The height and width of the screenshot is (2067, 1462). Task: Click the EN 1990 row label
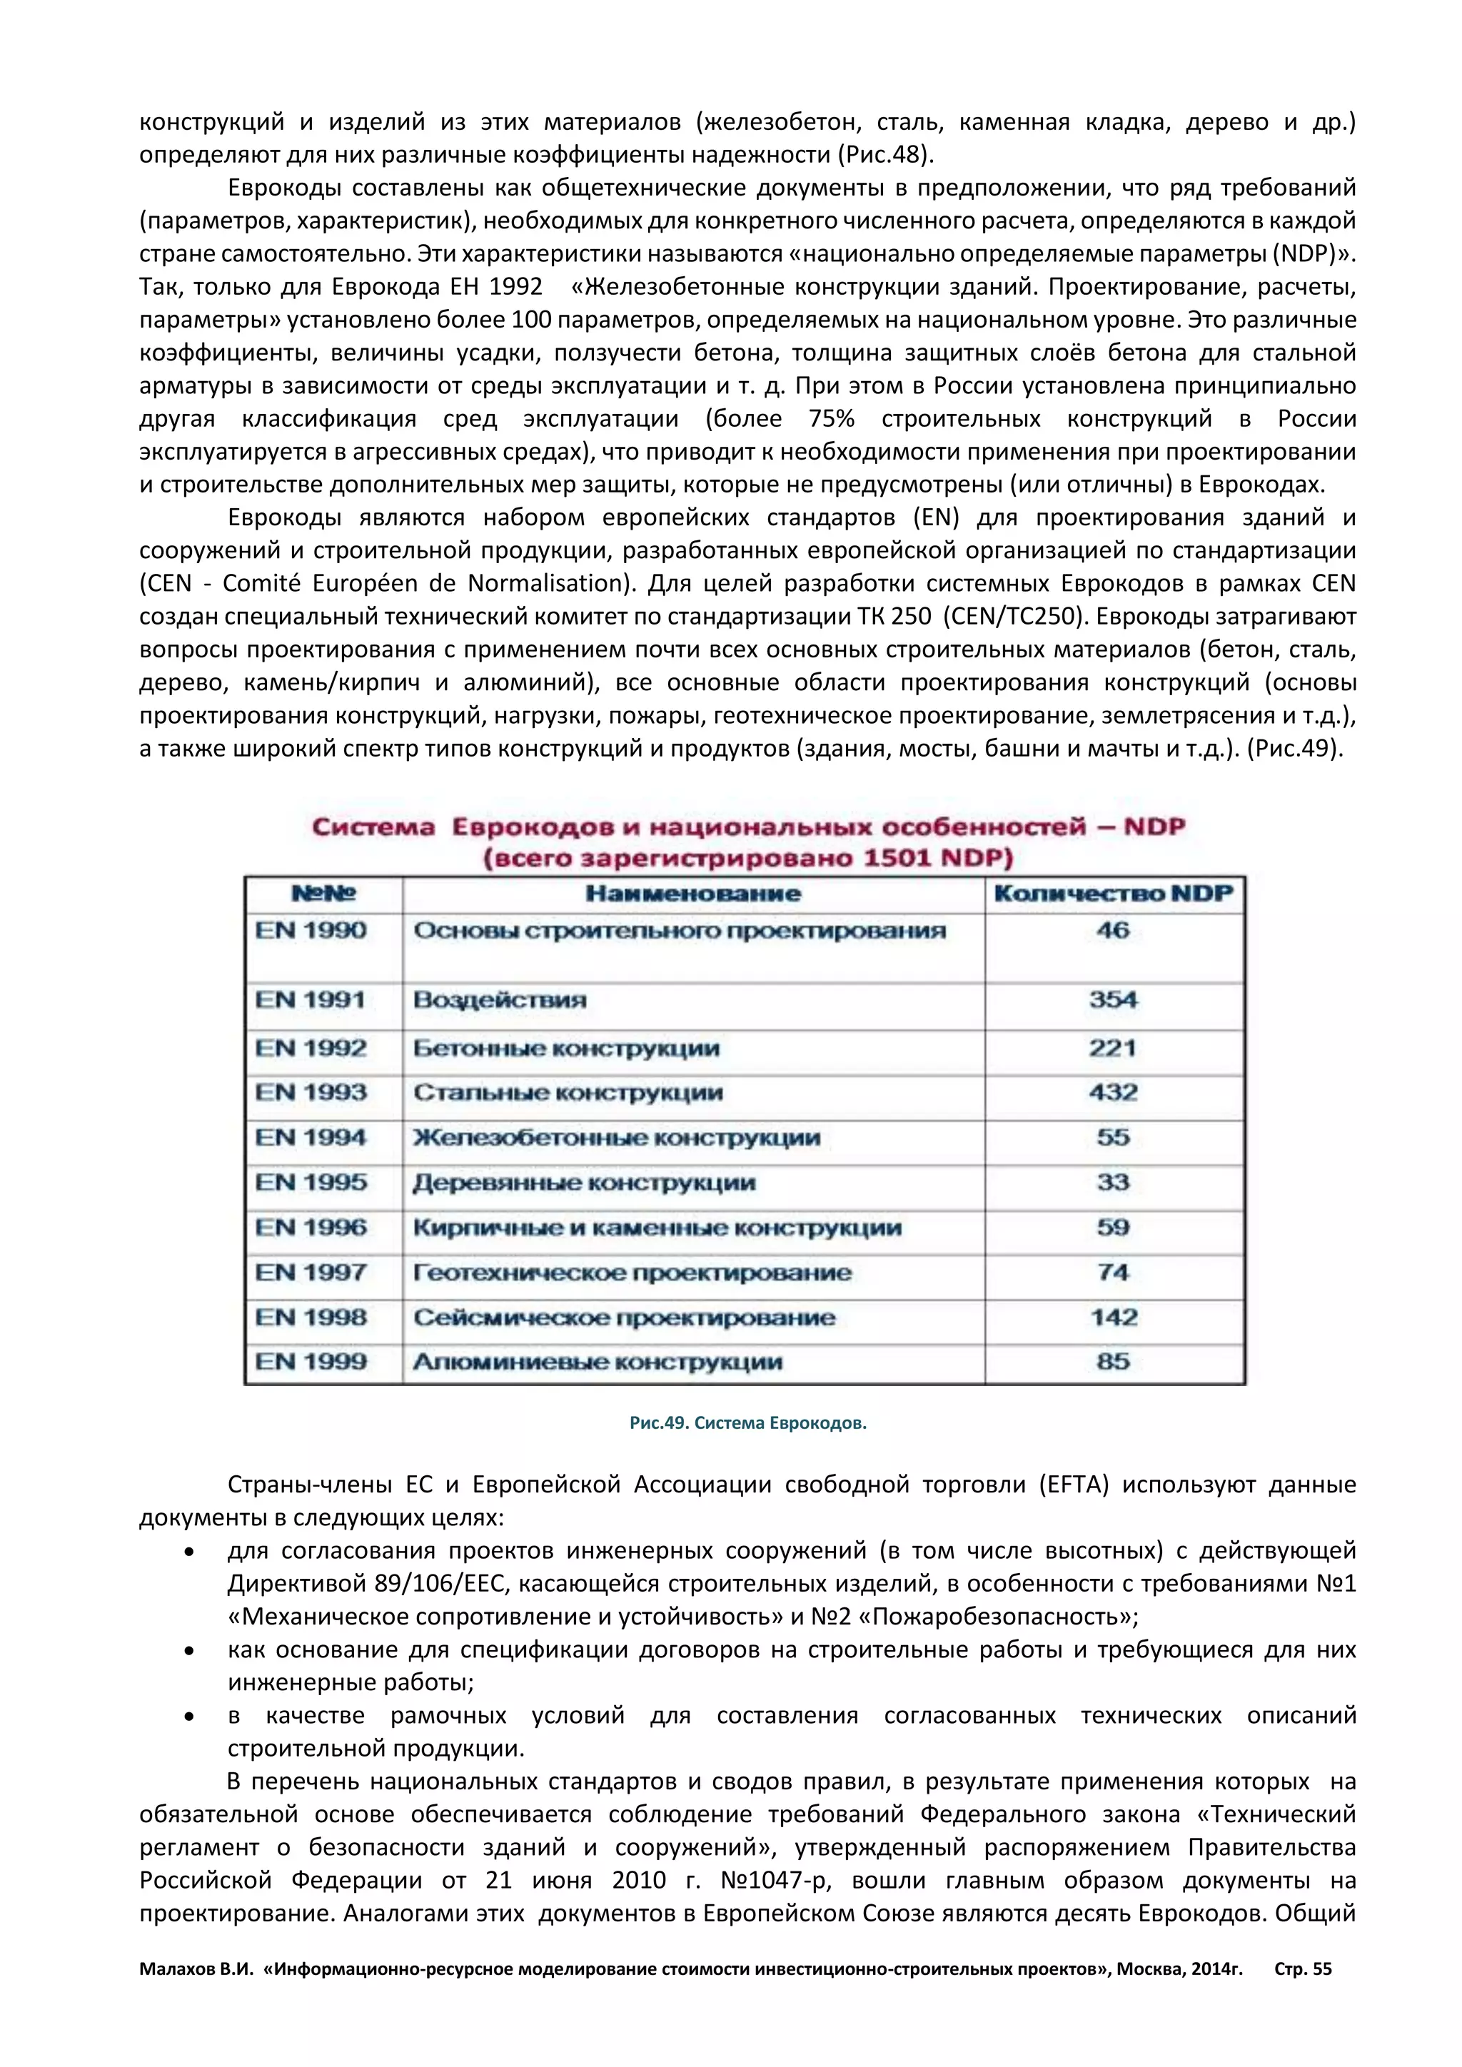(x=311, y=930)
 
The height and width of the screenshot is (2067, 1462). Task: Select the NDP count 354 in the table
(x=1113, y=999)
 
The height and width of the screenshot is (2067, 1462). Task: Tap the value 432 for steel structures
(x=1113, y=1092)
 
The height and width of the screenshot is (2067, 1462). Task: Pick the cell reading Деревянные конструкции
(x=583, y=1182)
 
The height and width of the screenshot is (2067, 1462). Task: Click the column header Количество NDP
(x=1113, y=893)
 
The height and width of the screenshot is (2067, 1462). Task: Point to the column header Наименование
(x=692, y=893)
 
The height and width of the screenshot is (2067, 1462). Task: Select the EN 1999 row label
(x=311, y=1361)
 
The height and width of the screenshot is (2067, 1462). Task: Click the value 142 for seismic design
(x=1114, y=1317)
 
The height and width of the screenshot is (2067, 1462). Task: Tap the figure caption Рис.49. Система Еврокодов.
(x=747, y=1423)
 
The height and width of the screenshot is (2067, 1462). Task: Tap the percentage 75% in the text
(x=831, y=419)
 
